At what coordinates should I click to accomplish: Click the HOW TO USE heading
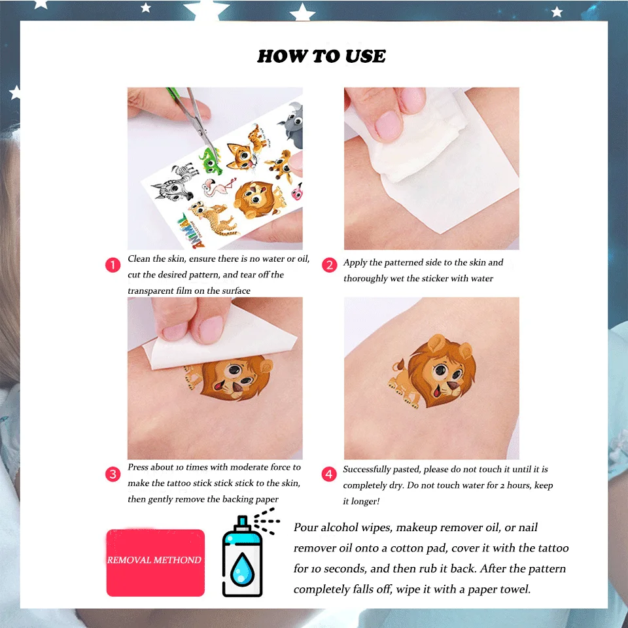tap(321, 56)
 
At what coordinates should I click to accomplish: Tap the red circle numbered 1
tap(113, 265)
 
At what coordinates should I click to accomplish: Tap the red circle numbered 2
tap(329, 265)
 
